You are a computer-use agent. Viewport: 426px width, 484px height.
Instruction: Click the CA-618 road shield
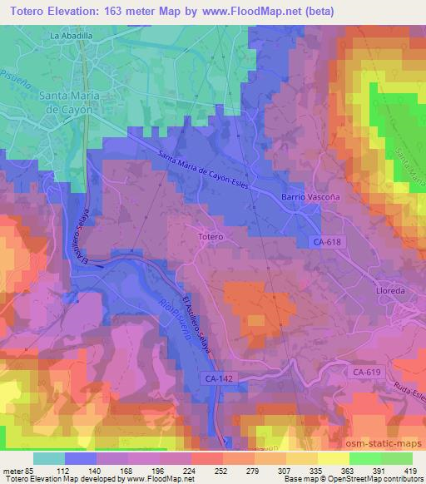pyautogui.click(x=329, y=241)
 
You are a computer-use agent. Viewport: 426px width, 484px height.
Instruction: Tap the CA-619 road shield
pyautogui.click(x=366, y=373)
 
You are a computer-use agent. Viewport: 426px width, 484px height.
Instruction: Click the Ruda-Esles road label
pyautogui.click(x=403, y=385)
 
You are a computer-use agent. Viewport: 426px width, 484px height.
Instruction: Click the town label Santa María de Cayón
pyautogui.click(x=70, y=101)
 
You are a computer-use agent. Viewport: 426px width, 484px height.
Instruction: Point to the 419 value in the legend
pyautogui.click(x=411, y=470)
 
